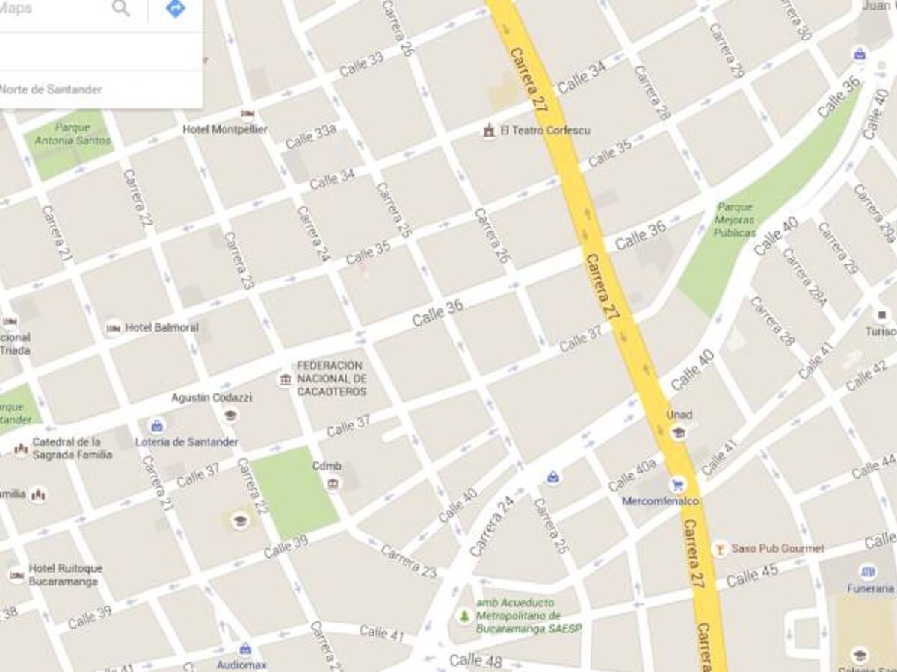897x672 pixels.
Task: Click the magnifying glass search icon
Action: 120,8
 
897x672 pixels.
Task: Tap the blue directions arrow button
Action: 175,8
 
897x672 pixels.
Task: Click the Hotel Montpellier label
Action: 225,129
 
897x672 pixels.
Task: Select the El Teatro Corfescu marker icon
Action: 489,131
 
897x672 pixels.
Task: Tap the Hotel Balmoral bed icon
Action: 114,327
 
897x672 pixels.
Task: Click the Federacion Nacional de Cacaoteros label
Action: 331,379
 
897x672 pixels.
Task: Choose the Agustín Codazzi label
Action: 212,398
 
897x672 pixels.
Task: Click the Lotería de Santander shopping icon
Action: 157,426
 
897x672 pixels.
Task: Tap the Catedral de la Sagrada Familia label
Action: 72,448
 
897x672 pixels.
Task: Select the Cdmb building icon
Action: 333,484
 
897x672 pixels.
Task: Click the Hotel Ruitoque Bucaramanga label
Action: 66,574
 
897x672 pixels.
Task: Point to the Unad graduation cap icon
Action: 679,432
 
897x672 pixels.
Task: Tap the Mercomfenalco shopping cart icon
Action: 677,484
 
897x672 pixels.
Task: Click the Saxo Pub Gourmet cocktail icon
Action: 719,548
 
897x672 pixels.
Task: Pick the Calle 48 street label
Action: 475,661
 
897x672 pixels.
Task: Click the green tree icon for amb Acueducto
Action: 463,616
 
